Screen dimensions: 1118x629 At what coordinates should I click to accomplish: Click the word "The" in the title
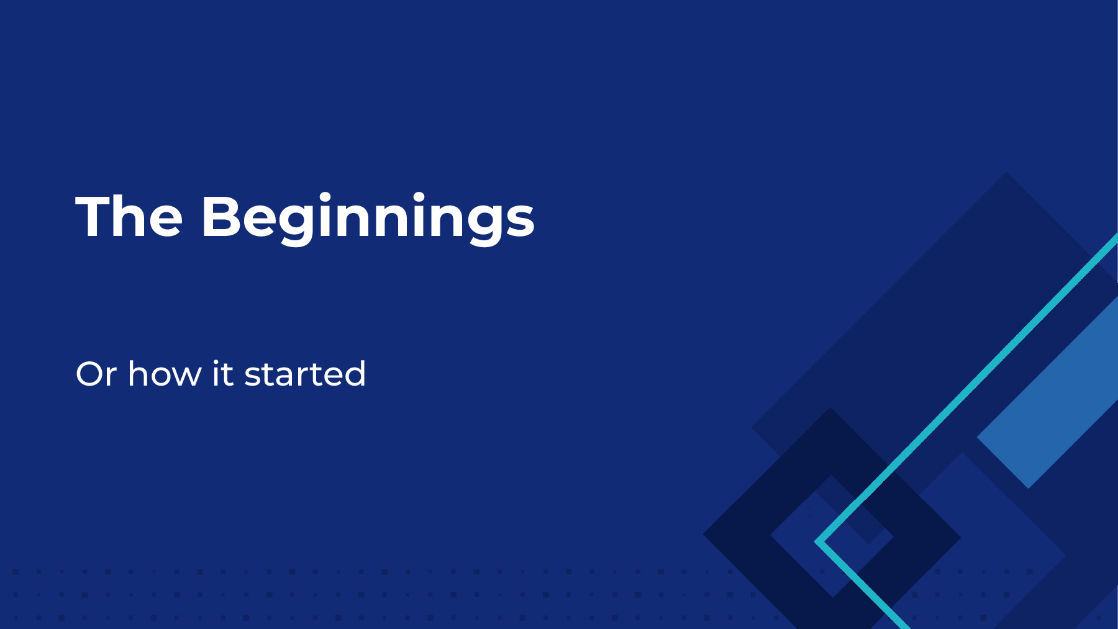[x=129, y=216]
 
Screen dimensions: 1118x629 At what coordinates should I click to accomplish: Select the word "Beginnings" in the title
[x=368, y=219]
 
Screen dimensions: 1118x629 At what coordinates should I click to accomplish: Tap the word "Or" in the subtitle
[x=96, y=374]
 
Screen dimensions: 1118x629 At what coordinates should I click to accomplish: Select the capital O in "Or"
[x=91, y=374]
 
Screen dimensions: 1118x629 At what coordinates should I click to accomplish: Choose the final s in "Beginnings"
[x=519, y=222]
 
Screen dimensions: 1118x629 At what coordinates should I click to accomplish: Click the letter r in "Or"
[x=112, y=378]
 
